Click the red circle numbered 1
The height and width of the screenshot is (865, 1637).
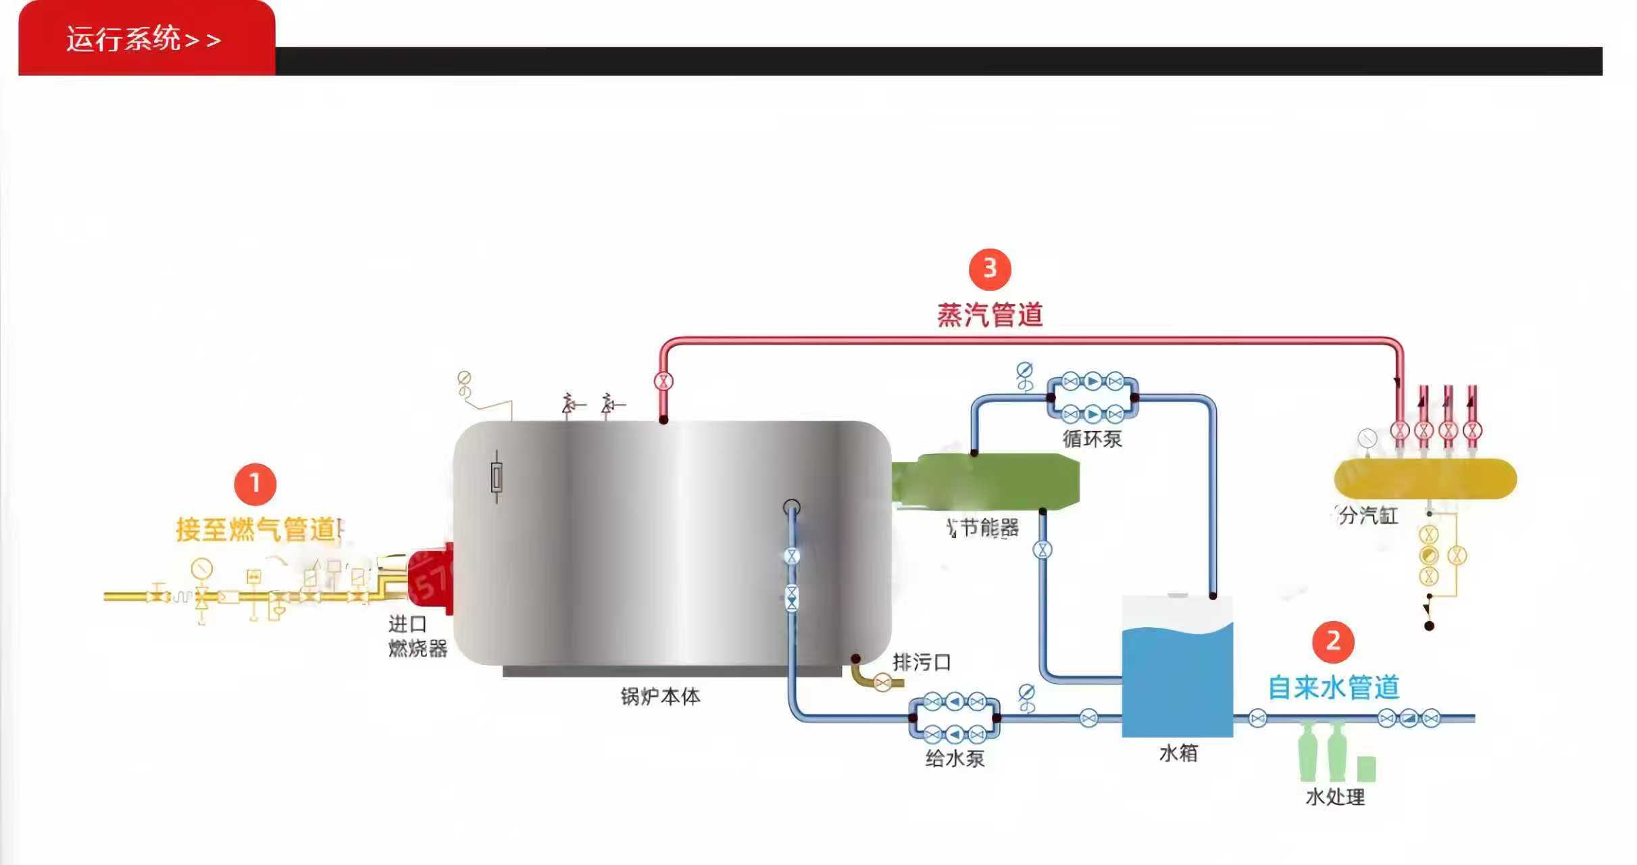pos(255,484)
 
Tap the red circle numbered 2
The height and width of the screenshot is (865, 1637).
pos(1333,641)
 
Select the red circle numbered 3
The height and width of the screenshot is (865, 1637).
pos(990,269)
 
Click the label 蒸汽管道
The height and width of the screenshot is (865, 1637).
pos(990,315)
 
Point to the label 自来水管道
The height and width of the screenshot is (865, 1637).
pos(1333,687)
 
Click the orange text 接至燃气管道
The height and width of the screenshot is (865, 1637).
pos(257,529)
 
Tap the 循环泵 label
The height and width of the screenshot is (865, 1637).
pos(1092,439)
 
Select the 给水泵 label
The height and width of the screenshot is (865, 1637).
pos(954,758)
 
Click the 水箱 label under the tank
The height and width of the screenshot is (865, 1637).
pos(1178,753)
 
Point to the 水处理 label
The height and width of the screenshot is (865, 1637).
pos(1335,797)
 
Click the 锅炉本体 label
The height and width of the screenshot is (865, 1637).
pos(660,696)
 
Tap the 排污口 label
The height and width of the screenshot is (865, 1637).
pos(922,662)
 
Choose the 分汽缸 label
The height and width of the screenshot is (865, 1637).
pos(1368,516)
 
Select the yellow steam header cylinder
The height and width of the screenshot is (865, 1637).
pos(1425,478)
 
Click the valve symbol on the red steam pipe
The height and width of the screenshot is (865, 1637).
pos(663,381)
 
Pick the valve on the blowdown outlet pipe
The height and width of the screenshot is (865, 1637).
pos(882,683)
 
